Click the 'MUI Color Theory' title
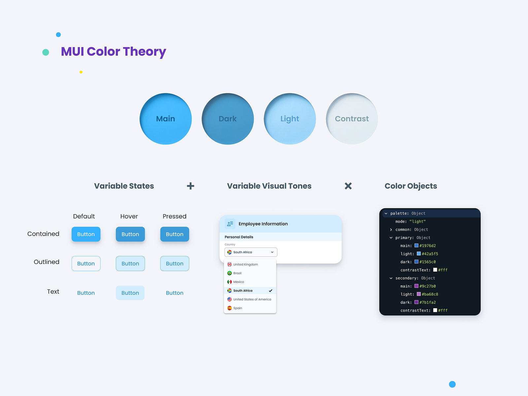point(113,52)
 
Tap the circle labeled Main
point(166,119)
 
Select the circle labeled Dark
point(228,119)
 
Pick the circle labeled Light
point(290,119)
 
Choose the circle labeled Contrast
point(352,119)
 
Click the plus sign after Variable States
point(190,186)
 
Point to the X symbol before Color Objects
point(348,186)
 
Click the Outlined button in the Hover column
point(130,264)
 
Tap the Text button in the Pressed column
point(175,293)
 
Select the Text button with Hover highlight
point(130,293)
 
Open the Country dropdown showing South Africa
point(251,252)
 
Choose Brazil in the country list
point(237,273)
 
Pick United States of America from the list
point(252,299)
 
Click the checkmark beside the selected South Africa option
point(271,291)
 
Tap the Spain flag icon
point(229,308)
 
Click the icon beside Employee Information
point(230,224)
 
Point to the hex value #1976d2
point(427,246)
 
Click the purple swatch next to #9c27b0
point(416,286)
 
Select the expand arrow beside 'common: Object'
point(391,230)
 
